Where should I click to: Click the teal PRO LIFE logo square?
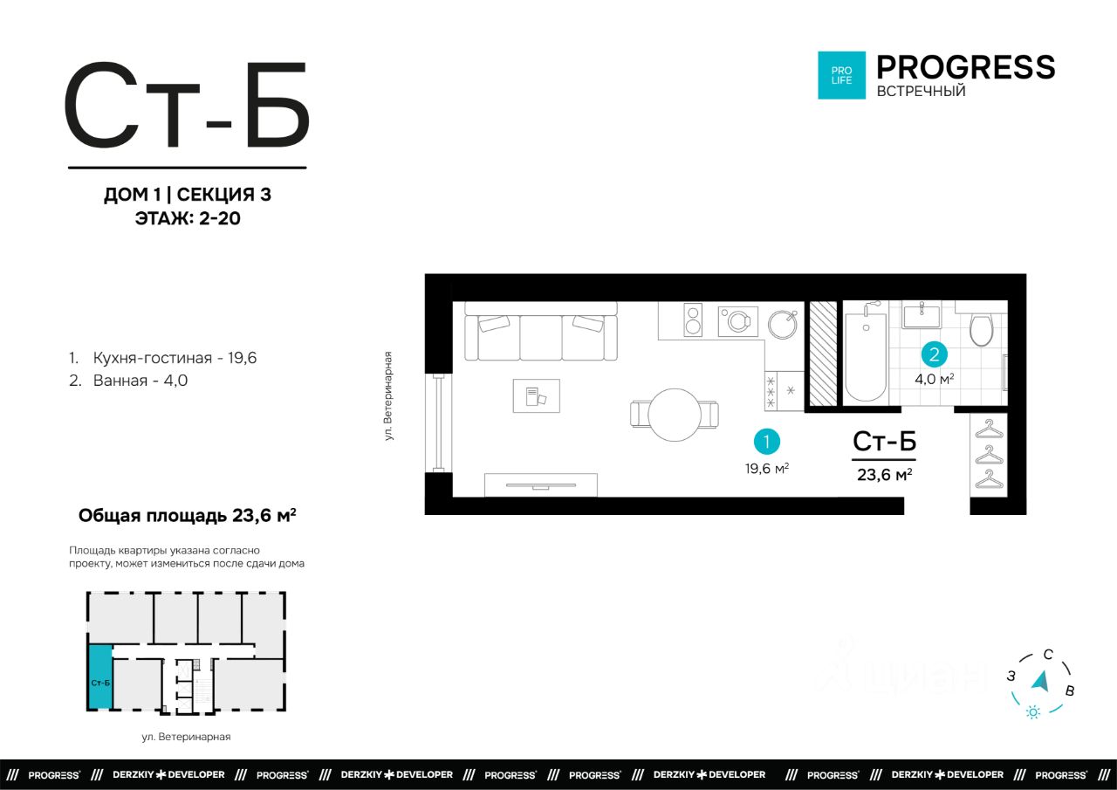tap(842, 75)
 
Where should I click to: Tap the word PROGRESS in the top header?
tap(966, 67)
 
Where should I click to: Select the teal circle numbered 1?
tap(766, 442)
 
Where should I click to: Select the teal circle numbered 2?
tap(934, 354)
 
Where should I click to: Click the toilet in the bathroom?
tap(982, 327)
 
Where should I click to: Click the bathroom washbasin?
tap(922, 316)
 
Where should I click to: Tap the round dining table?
tap(675, 415)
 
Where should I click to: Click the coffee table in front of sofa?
tap(537, 396)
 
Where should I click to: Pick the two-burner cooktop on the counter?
tap(693, 319)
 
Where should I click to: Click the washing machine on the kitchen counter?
tap(738, 321)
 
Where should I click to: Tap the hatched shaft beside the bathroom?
tap(823, 354)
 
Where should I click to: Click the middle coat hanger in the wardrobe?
tap(989, 454)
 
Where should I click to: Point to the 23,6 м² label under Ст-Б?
tap(885, 474)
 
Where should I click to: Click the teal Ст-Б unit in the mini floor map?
tap(100, 677)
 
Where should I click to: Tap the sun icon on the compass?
tap(1033, 712)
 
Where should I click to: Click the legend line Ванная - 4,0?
tap(128, 381)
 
